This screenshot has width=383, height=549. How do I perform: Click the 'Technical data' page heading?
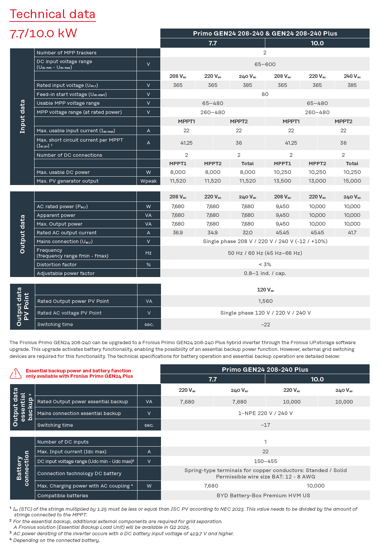click(52, 14)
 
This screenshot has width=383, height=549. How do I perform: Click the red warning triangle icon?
click(15, 373)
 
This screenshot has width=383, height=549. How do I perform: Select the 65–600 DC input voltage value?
click(265, 64)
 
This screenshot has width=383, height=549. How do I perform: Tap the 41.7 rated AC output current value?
click(352, 233)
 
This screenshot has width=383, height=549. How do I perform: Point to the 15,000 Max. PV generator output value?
click(352, 181)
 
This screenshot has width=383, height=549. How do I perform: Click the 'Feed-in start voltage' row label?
click(71, 94)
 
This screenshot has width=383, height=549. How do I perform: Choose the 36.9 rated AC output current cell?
click(178, 233)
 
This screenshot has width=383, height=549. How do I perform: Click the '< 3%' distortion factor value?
click(265, 265)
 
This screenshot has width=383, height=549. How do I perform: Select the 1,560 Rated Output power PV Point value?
click(265, 301)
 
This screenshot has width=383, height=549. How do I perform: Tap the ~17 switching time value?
click(265, 425)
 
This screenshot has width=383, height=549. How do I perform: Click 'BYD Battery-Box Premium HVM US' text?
click(263, 496)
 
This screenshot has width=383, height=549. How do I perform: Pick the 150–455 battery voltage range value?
click(265, 461)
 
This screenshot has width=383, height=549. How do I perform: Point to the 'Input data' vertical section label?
click(22, 117)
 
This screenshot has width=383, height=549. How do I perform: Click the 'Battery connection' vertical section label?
click(22, 468)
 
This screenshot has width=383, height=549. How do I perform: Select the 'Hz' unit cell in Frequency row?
click(148, 253)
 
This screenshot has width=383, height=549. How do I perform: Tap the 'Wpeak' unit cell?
click(148, 181)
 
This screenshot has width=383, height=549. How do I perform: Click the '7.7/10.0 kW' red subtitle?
click(43, 33)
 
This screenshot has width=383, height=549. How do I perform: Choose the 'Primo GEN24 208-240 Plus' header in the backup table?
click(265, 369)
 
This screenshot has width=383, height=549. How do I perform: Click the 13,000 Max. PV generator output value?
click(317, 181)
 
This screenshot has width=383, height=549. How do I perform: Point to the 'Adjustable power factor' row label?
click(66, 273)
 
